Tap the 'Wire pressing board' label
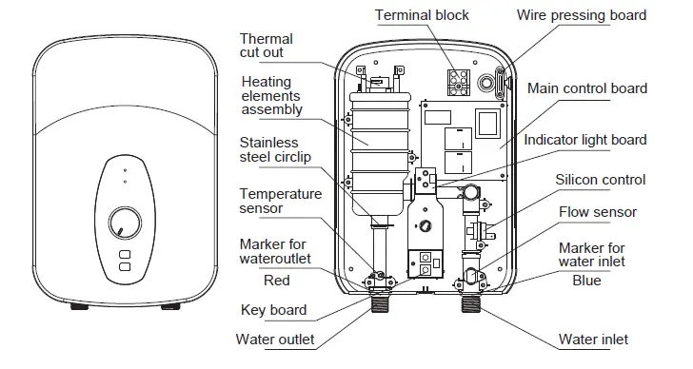coord(594,15)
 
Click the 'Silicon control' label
coord(601,180)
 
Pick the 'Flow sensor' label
coord(598,212)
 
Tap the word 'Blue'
coord(586,281)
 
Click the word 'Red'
coord(277,281)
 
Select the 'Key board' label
coord(273,310)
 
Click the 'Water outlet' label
coord(275,340)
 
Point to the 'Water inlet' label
coord(593,340)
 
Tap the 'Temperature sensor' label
coord(280,202)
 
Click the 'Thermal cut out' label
coord(266,46)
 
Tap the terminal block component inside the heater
coord(459,81)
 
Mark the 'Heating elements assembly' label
coord(271,95)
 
